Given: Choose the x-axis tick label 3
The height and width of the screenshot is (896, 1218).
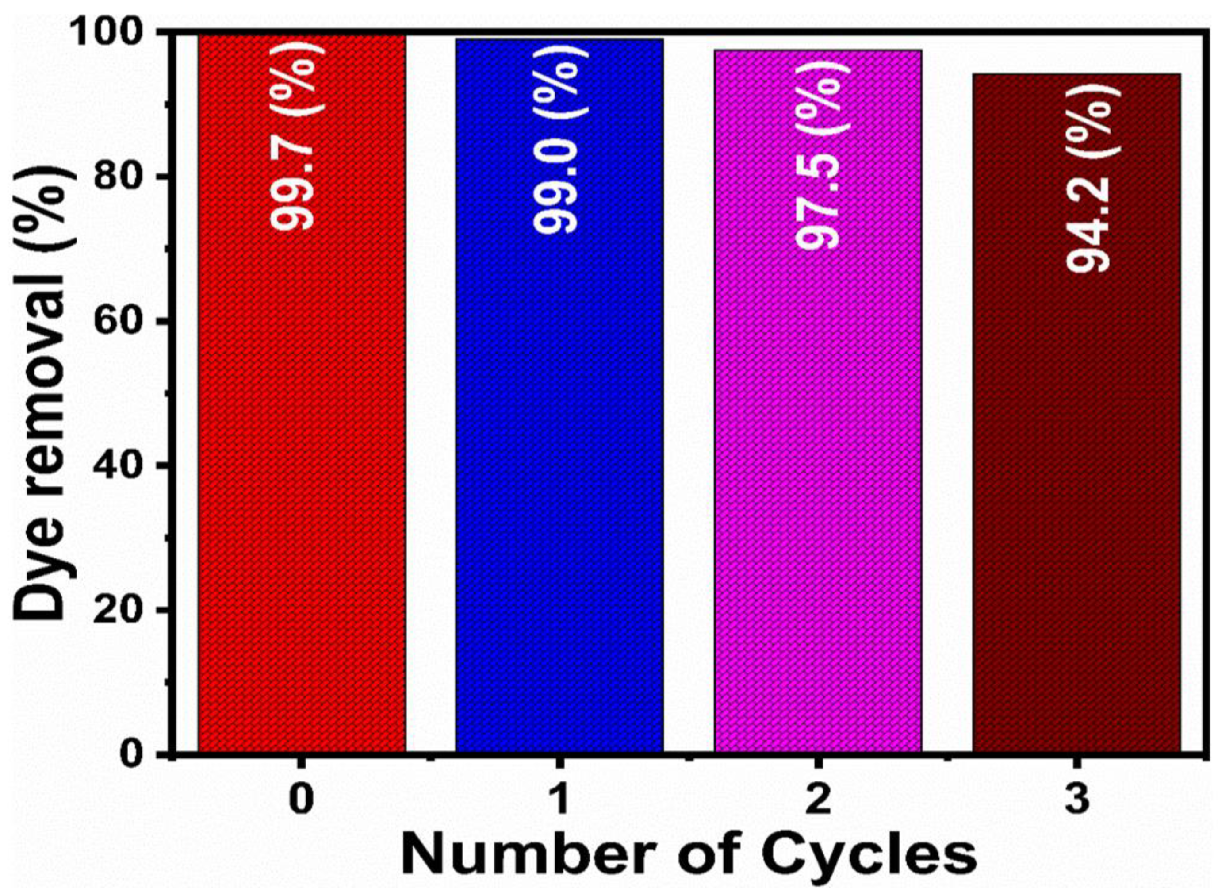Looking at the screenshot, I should click(1076, 800).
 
